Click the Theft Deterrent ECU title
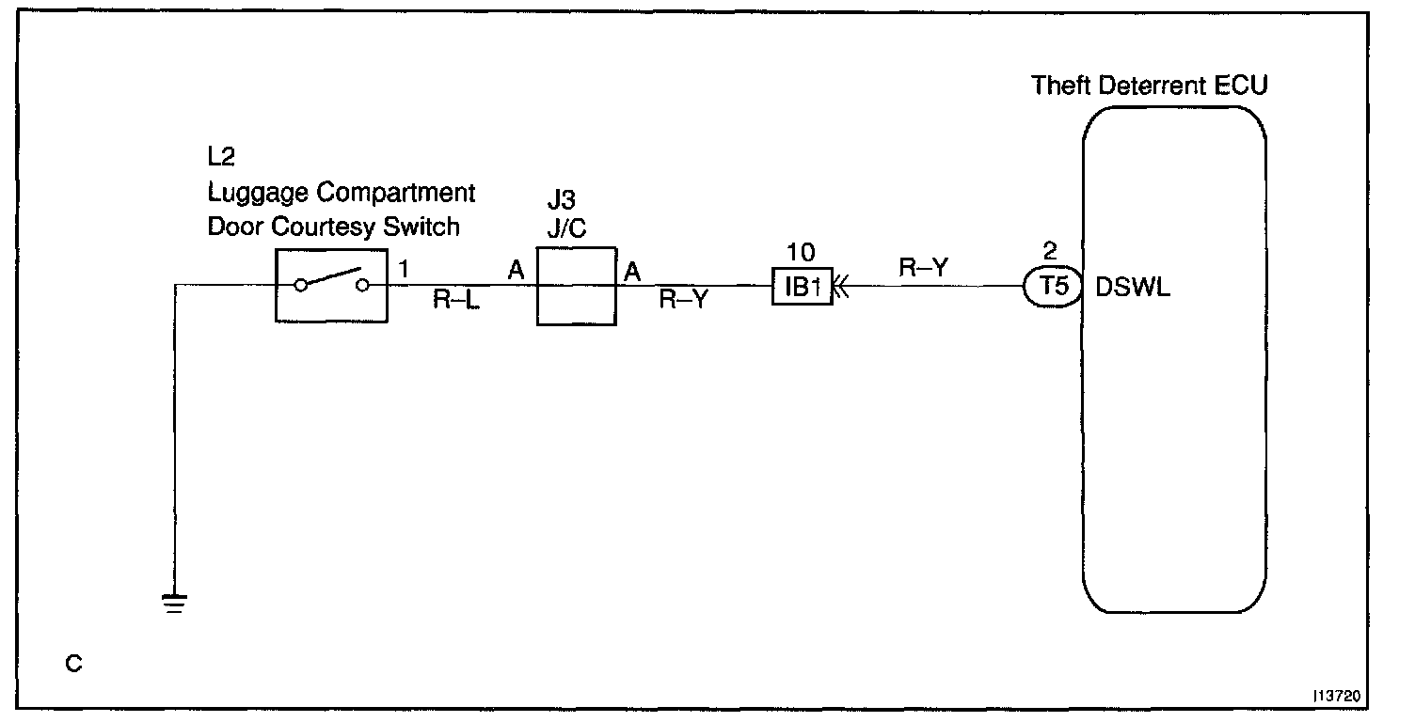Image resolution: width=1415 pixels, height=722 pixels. pyautogui.click(x=1150, y=86)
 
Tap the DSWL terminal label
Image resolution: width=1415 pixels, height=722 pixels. pyautogui.click(x=1133, y=288)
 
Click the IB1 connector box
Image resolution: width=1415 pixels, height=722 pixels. pyautogui.click(x=803, y=287)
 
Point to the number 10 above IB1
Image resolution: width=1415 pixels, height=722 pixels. pyautogui.click(x=803, y=253)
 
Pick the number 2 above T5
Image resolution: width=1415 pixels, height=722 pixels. pyautogui.click(x=1051, y=252)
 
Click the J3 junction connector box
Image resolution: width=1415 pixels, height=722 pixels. pyautogui.click(x=576, y=287)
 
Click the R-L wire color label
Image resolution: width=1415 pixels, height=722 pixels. pyautogui.click(x=456, y=302)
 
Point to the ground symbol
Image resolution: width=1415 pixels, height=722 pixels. pyautogui.click(x=175, y=603)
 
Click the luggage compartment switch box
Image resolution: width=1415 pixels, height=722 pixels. pyautogui.click(x=330, y=286)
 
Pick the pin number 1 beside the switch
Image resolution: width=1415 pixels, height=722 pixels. pyautogui.click(x=404, y=270)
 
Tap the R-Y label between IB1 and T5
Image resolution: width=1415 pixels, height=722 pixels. pyautogui.click(x=922, y=267)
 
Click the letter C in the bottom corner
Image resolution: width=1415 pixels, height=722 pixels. pyautogui.click(x=74, y=665)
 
